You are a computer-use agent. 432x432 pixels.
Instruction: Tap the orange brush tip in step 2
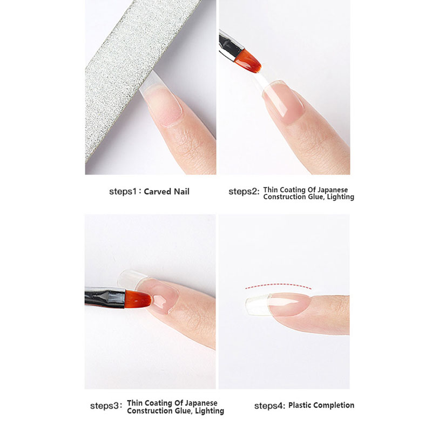pyautogui.click(x=248, y=61)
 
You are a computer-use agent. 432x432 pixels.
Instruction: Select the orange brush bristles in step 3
pyautogui.click(x=138, y=299)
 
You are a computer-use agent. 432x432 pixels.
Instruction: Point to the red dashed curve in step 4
pyautogui.click(x=278, y=286)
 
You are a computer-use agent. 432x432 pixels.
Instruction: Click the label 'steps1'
pyautogui.click(x=123, y=191)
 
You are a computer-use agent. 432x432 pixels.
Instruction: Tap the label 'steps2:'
pyautogui.click(x=244, y=191)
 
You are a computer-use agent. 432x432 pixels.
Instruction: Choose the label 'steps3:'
pyautogui.click(x=106, y=406)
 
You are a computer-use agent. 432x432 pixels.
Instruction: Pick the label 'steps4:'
pyautogui.click(x=269, y=406)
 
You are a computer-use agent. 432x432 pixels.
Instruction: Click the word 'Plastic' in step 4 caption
pyautogui.click(x=300, y=406)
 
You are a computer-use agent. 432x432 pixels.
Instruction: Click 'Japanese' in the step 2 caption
pyautogui.click(x=333, y=190)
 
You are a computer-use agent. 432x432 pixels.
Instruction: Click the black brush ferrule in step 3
pyautogui.click(x=105, y=298)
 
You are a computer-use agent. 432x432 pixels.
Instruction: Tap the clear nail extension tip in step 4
pyautogui.click(x=257, y=305)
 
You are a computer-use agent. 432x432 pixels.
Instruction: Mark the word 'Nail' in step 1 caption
pyautogui.click(x=182, y=192)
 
